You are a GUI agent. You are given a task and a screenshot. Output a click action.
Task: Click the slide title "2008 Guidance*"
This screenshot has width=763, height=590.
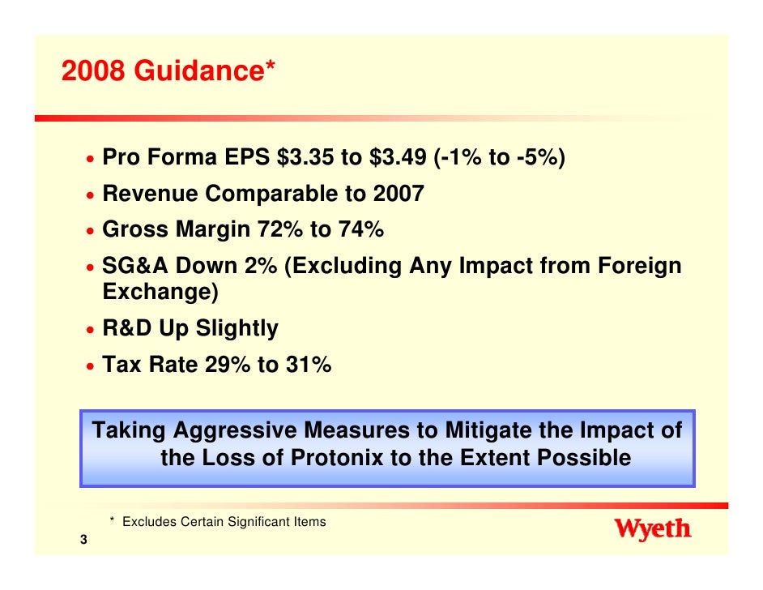(x=168, y=71)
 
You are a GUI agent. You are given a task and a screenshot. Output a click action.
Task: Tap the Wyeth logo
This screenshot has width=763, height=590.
(x=653, y=530)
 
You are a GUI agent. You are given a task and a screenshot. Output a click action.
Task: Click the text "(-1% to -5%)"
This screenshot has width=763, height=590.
(x=500, y=159)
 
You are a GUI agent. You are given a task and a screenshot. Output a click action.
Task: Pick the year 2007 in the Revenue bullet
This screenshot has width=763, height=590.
(x=399, y=195)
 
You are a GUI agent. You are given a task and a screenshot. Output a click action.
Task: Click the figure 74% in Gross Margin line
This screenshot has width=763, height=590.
(x=357, y=230)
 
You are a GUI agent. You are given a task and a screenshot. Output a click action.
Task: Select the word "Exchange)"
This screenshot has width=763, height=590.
(x=160, y=293)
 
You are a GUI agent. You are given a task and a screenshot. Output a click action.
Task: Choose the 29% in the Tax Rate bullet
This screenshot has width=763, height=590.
(x=228, y=366)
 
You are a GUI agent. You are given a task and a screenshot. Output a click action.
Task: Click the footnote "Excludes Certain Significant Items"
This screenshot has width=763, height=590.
(x=224, y=522)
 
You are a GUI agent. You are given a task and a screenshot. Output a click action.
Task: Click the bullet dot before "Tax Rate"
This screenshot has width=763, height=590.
(x=91, y=367)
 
